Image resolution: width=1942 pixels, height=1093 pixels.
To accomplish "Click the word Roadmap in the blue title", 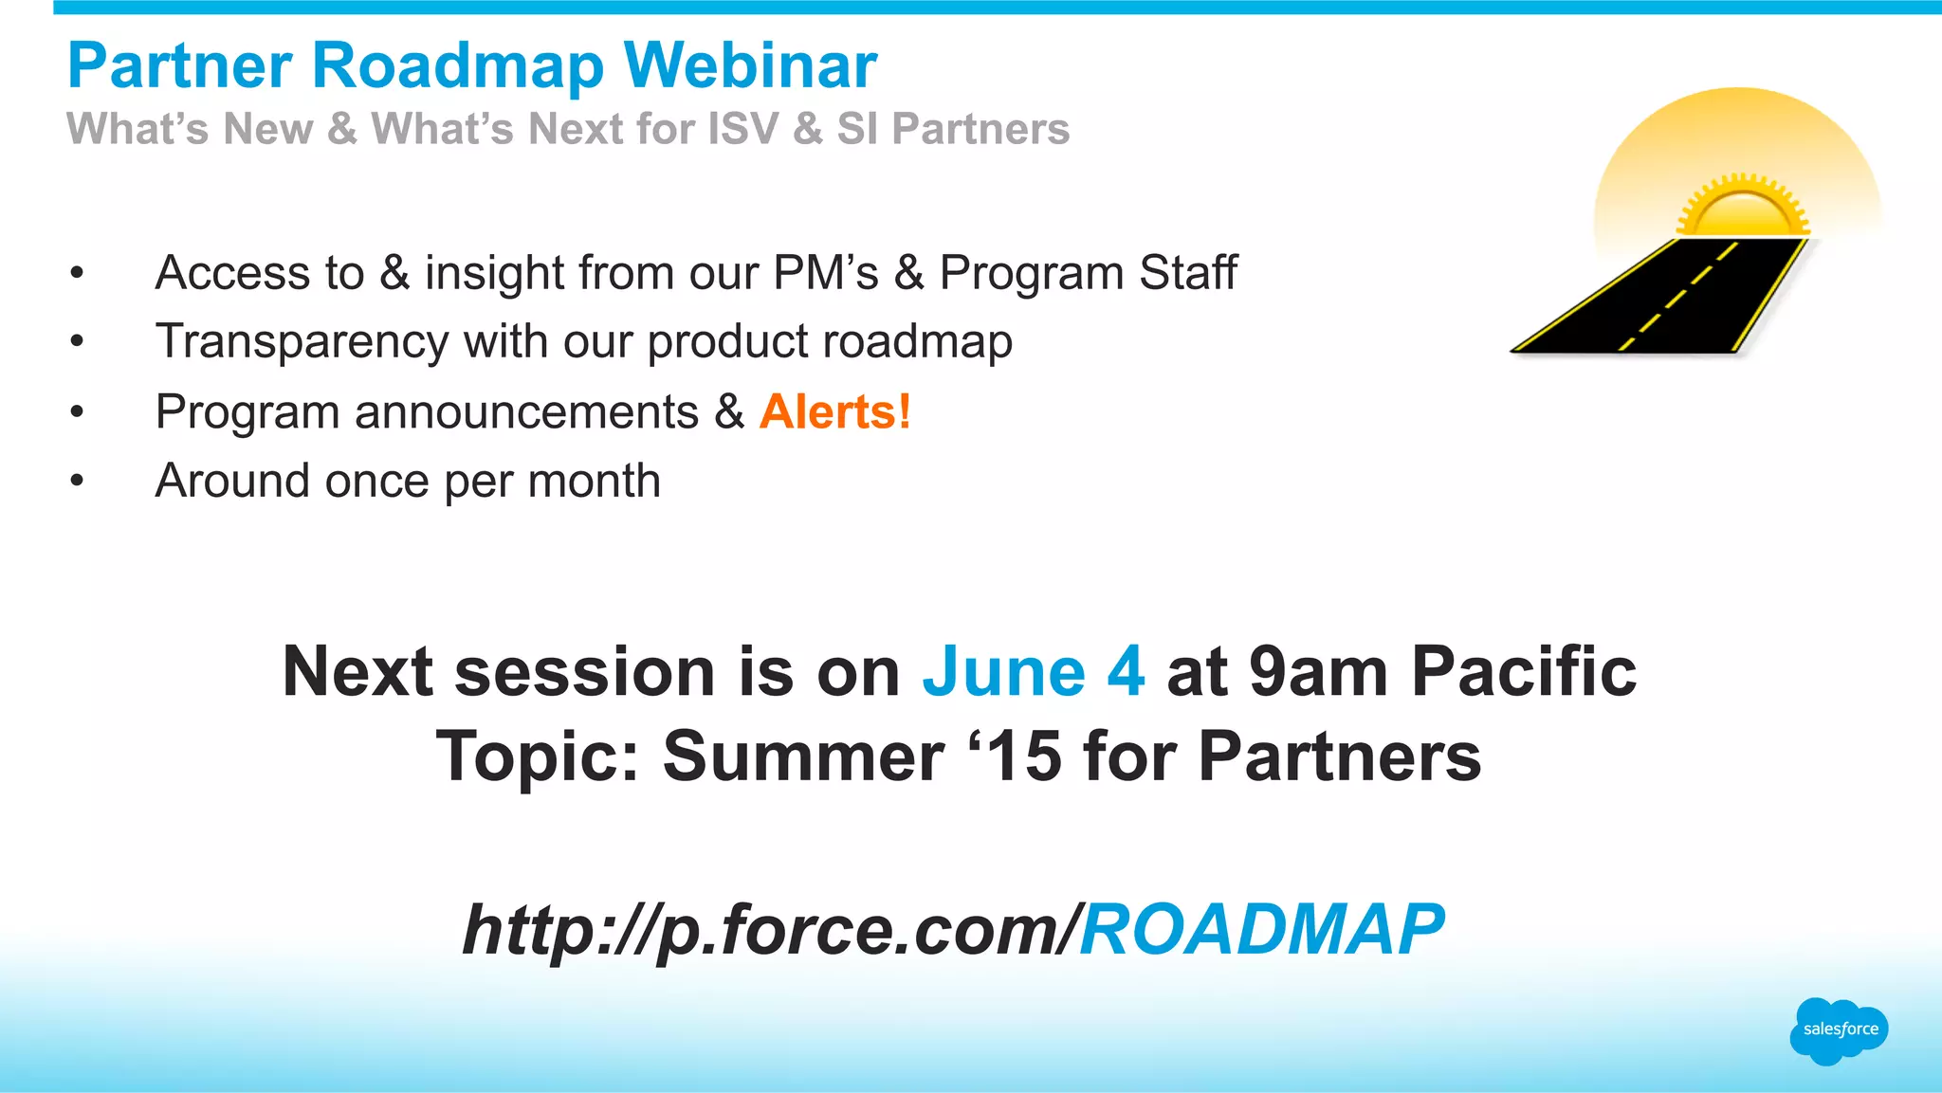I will pos(457,65).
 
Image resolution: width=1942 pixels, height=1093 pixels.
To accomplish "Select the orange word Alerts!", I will pos(834,411).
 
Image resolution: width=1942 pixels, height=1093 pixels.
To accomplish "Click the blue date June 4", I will pos(1033,671).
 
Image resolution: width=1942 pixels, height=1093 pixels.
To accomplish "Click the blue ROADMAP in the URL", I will pos(1261,929).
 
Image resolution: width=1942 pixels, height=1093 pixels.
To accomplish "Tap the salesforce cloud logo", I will pos(1839,1029).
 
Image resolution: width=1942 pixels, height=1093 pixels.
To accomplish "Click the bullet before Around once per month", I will pos(77,481).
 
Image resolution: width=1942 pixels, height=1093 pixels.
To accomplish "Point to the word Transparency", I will pos(302,341).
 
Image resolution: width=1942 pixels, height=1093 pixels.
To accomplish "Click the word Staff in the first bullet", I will pos(1187,273).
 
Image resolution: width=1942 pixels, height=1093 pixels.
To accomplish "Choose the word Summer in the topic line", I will pos(802,756).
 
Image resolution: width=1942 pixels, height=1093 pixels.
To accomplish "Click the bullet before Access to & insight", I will pos(77,273).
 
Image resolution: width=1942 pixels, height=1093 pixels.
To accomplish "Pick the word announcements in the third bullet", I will pos(526,411).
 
